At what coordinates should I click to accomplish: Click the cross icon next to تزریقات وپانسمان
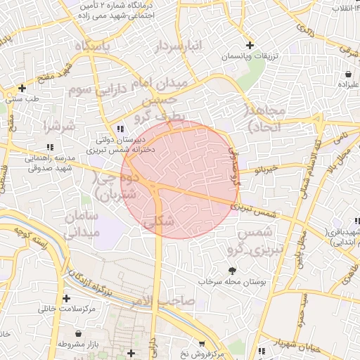click(249, 45)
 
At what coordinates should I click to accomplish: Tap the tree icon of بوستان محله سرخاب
click(232, 270)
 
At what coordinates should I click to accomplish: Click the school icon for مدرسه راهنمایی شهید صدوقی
click(49, 147)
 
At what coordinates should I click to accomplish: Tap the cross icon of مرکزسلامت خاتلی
click(66, 298)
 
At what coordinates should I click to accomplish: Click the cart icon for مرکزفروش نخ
click(202, 344)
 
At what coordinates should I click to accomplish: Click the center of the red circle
click(179, 179)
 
